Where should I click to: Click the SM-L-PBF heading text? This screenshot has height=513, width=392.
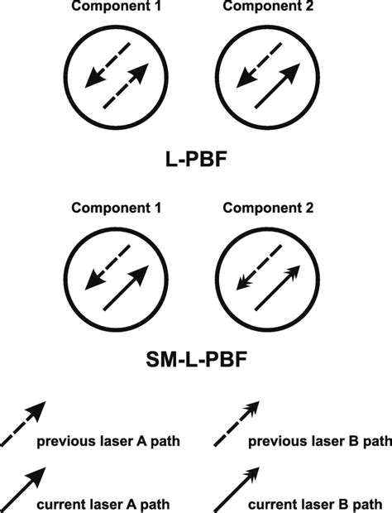[x=196, y=360]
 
